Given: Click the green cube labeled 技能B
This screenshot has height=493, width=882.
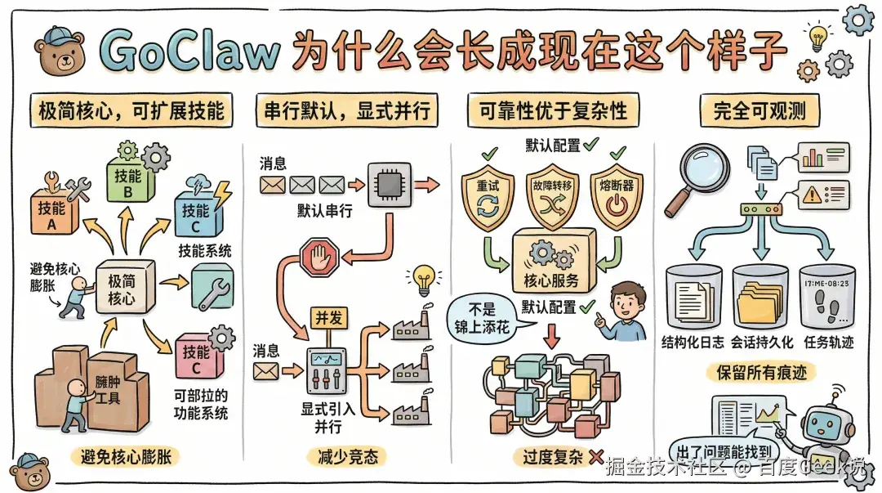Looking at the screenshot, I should click(x=129, y=180).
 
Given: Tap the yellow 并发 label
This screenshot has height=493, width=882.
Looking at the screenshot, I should click(x=328, y=318).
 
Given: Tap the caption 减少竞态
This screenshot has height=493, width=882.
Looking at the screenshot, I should click(x=335, y=456).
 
